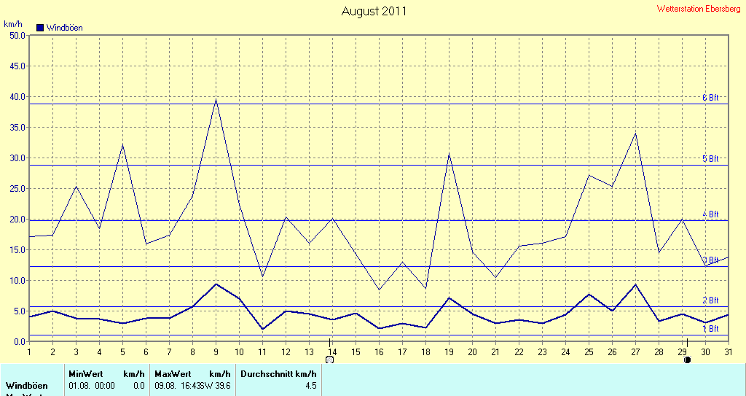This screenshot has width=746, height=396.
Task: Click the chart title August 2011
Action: click(x=374, y=11)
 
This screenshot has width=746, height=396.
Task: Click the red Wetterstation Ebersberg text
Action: click(x=698, y=9)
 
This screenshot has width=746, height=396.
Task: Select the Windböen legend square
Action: click(x=40, y=28)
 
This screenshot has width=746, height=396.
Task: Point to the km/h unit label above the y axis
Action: click(x=12, y=24)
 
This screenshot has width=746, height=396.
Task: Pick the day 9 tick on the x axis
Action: click(x=216, y=352)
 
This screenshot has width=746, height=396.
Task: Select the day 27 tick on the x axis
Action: click(x=635, y=352)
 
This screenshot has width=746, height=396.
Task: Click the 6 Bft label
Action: click(x=710, y=97)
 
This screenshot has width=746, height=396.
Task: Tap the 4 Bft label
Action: click(x=710, y=214)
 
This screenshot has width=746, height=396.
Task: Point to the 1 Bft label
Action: click(x=710, y=329)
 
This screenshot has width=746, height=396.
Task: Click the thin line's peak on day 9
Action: click(x=216, y=98)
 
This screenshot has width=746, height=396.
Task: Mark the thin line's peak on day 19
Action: click(x=449, y=153)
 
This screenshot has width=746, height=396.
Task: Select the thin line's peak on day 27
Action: click(x=636, y=133)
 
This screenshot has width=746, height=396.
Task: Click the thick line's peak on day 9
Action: click(x=216, y=284)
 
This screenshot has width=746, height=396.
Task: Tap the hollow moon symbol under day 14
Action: click(x=329, y=360)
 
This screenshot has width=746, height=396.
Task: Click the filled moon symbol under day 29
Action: click(x=686, y=360)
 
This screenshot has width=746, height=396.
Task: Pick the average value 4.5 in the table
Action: click(x=310, y=385)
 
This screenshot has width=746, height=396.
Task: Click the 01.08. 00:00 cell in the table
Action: click(x=92, y=385)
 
